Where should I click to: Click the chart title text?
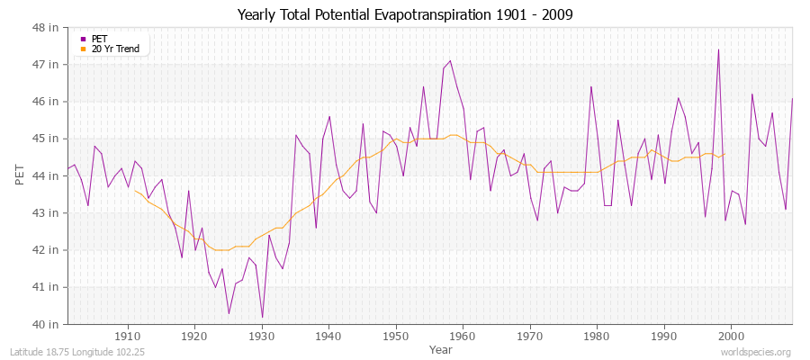[x=405, y=15]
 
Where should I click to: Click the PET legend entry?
[x=99, y=39]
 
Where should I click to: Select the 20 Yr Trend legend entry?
[x=115, y=49]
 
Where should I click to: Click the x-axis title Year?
[x=441, y=348]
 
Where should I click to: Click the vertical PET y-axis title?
[x=20, y=175]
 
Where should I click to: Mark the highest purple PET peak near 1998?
[x=718, y=49]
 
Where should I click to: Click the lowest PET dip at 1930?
[x=262, y=317]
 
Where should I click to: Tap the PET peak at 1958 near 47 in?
[x=450, y=61]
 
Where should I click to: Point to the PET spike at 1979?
[x=591, y=86]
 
